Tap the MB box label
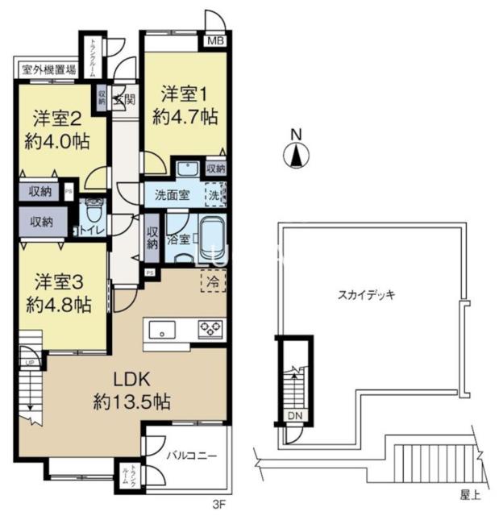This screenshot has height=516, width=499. tap(216, 41)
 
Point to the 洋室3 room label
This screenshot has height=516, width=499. tap(61, 283)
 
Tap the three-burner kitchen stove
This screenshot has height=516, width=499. tap(212, 328)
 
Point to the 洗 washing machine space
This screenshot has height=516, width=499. tap(214, 193)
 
